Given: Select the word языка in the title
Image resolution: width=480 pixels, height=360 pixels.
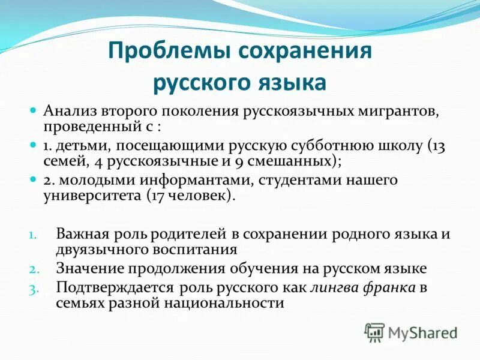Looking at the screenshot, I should tap(290, 82).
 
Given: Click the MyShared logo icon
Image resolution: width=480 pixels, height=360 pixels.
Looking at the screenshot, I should tap(374, 332).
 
